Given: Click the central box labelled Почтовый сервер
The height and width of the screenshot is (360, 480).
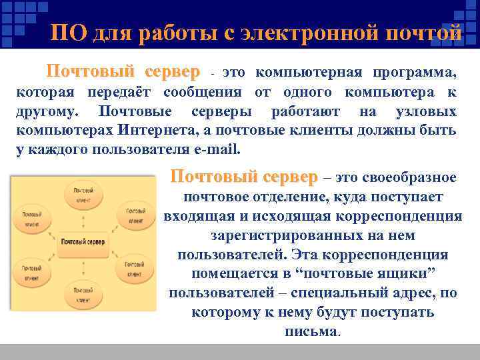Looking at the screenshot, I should tap(83, 241).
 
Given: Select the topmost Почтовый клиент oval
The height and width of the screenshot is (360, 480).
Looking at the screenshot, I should tap(83, 194).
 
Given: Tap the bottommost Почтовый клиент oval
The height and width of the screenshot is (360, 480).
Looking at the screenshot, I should tap(83, 294).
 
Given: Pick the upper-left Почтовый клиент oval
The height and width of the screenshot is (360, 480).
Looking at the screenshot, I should tap(32, 219).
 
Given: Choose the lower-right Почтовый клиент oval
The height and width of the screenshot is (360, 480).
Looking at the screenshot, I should tap(134, 268).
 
